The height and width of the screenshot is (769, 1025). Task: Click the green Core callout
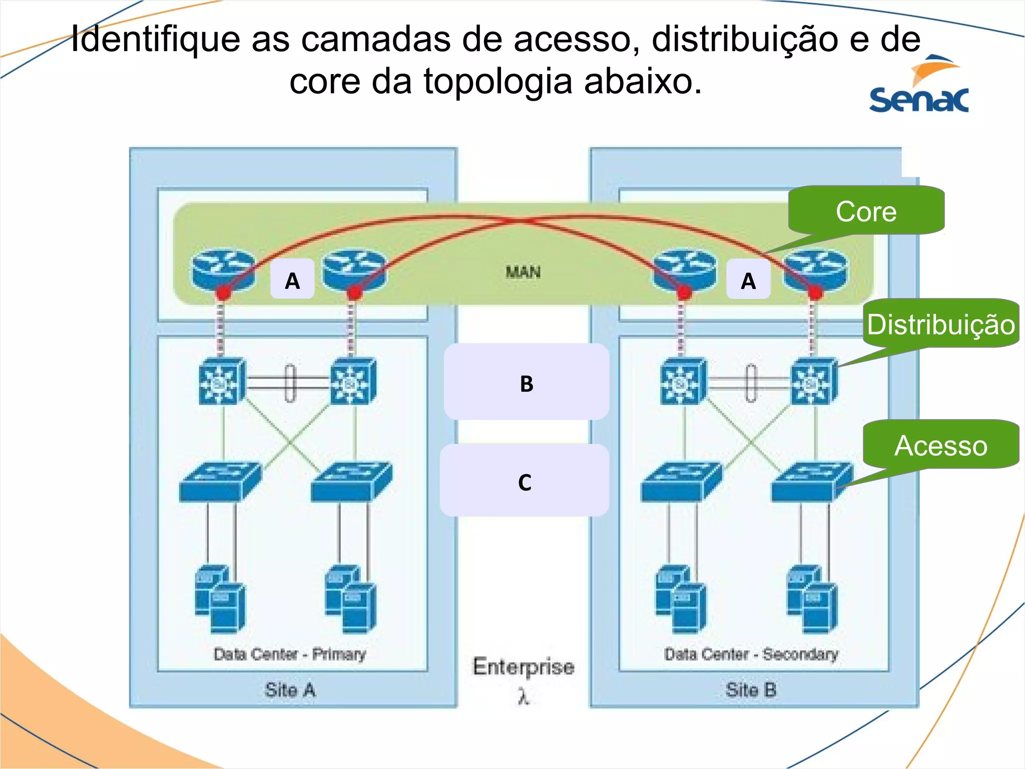coord(866,211)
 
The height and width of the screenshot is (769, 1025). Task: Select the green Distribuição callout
coord(941,324)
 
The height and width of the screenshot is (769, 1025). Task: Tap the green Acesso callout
coord(941,445)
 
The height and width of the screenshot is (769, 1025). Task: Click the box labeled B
coord(527,382)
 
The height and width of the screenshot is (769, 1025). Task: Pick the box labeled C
coord(525,481)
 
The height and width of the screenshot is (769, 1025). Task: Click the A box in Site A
coord(292,280)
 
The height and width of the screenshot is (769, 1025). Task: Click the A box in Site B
coord(748,280)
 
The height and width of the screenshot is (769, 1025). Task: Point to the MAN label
coord(523,272)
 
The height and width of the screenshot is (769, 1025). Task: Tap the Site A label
coord(290,690)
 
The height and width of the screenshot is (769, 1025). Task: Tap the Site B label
coord(751,690)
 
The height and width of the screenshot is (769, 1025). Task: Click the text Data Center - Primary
coord(290,654)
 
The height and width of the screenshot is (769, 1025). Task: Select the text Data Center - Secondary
coord(751,654)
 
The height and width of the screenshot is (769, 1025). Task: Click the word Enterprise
coord(524,666)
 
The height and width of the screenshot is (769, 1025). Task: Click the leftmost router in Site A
coord(223,270)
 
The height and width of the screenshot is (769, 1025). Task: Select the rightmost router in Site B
coord(815,270)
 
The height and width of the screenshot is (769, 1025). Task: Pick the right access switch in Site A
coord(351,482)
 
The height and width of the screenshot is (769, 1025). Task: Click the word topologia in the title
coord(498,81)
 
